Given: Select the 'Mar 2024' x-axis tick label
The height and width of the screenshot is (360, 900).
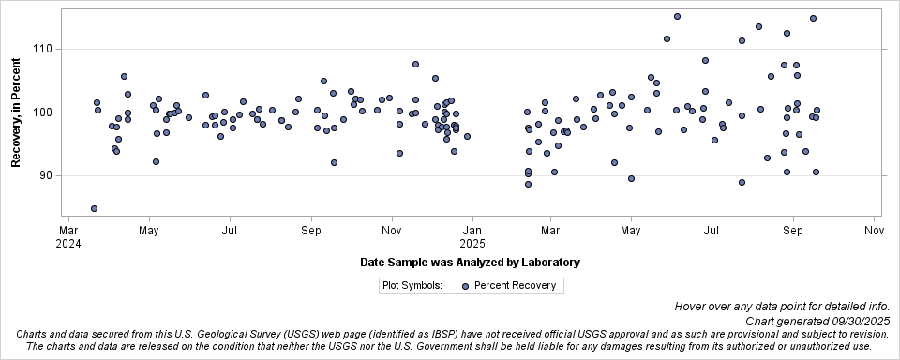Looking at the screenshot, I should point(68,235).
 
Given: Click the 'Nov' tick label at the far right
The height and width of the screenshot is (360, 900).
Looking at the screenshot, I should point(874,229).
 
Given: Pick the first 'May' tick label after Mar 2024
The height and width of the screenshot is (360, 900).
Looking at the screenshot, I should point(148,229).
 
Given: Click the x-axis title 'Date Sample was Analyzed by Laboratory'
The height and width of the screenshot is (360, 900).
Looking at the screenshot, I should point(470,262).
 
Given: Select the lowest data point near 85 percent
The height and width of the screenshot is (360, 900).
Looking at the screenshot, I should point(94,208).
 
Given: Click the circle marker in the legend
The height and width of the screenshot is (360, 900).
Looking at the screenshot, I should point(466,286).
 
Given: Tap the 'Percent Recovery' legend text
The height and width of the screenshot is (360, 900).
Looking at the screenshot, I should point(515,286).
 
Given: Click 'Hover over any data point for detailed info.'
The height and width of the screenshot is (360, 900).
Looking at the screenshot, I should point(787,307).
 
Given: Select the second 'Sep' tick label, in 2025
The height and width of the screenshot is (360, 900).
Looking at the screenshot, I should point(793,229).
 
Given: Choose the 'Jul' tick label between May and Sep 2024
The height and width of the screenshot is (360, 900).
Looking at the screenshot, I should point(230,229).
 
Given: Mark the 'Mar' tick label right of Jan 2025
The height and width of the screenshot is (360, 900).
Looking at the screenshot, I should point(551,229).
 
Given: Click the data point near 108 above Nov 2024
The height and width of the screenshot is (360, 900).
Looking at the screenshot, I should point(415,64).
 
